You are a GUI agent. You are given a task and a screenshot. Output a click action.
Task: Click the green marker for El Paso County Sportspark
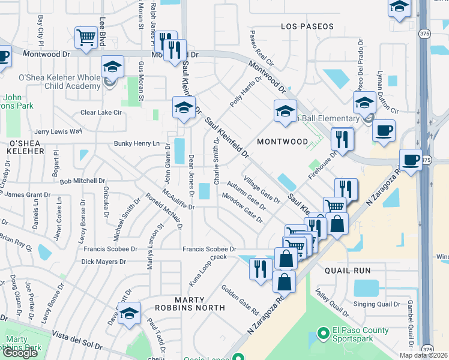(x=324, y=331)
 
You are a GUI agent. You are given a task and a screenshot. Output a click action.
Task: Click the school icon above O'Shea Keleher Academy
(x=112, y=67)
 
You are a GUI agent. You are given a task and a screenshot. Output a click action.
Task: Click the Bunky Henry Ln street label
(x=137, y=144)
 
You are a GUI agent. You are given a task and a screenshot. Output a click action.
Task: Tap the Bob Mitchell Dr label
(x=82, y=181)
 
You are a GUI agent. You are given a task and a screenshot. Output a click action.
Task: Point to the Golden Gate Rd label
(x=240, y=300)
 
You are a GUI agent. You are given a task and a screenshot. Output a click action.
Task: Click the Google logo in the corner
(x=20, y=352)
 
